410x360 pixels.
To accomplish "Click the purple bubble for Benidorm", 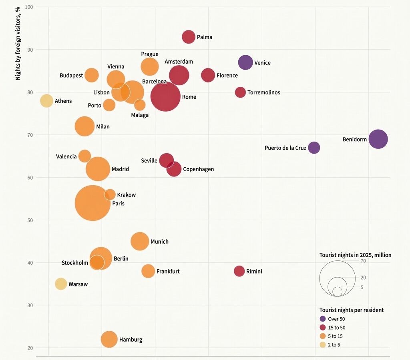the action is [378, 139].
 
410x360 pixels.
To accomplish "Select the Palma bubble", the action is [189, 37].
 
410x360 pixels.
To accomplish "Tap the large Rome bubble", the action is [165, 96].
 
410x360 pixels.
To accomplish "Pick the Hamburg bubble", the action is [109, 339].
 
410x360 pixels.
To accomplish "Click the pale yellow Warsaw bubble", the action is [61, 284].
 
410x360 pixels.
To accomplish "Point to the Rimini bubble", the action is [239, 271].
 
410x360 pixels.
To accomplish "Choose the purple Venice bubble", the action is [245, 62].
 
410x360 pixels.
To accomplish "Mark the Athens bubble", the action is [46, 101].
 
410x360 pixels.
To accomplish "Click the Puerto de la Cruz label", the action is [285, 148].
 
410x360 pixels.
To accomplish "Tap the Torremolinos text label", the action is [264, 92].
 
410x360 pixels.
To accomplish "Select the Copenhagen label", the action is [199, 169].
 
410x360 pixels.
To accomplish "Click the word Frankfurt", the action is [168, 272].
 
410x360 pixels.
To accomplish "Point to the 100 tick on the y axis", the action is [29, 7].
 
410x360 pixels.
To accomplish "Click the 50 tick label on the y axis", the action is [30, 220].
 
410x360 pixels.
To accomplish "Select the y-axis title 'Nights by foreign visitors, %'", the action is [18, 44].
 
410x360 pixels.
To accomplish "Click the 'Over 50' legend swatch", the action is [323, 319].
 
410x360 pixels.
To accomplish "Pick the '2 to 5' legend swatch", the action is [323, 344].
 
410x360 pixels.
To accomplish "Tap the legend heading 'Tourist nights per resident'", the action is [352, 310].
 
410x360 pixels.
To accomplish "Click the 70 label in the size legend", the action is [363, 261].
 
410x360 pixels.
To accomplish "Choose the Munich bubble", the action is [140, 241].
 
